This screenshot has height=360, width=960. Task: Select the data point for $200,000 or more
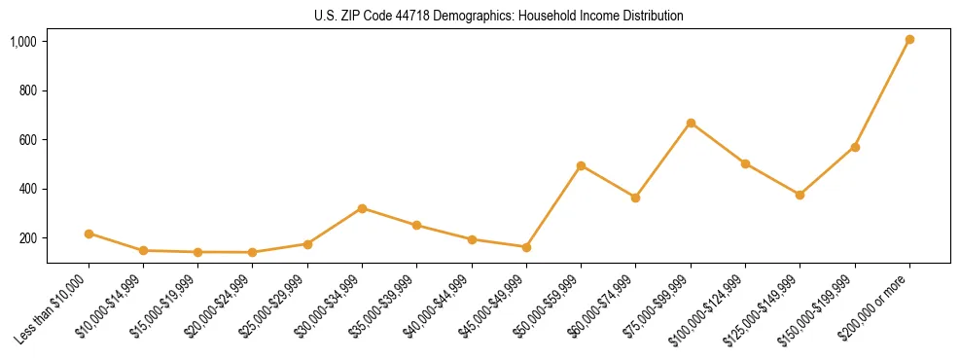tap(909, 40)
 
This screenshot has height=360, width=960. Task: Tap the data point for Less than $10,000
tap(89, 234)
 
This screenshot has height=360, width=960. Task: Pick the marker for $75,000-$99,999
tap(691, 123)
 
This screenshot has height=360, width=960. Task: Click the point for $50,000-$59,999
tap(581, 165)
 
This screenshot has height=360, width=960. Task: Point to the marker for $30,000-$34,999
tap(362, 208)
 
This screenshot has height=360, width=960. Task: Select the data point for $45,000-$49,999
tap(526, 247)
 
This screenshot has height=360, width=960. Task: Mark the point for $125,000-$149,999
tap(800, 195)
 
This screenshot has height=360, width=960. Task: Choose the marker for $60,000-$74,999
tap(635, 198)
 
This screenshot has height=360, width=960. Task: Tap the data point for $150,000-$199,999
tap(855, 147)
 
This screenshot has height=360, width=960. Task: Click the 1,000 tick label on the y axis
tap(24, 42)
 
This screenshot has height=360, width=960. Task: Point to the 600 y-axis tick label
tap(28, 140)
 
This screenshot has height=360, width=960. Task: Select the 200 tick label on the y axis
tap(28, 238)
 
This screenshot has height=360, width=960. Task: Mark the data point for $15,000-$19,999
tap(197, 252)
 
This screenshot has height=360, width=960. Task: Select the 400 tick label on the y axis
tap(28, 189)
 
